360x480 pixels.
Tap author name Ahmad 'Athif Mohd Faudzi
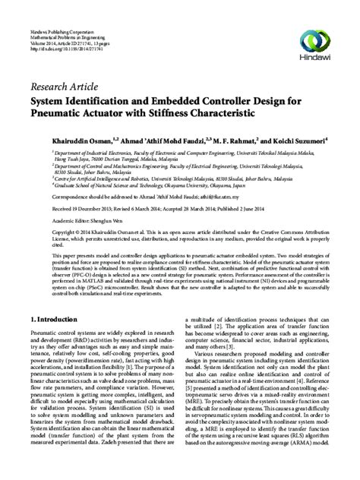point(135,141)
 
